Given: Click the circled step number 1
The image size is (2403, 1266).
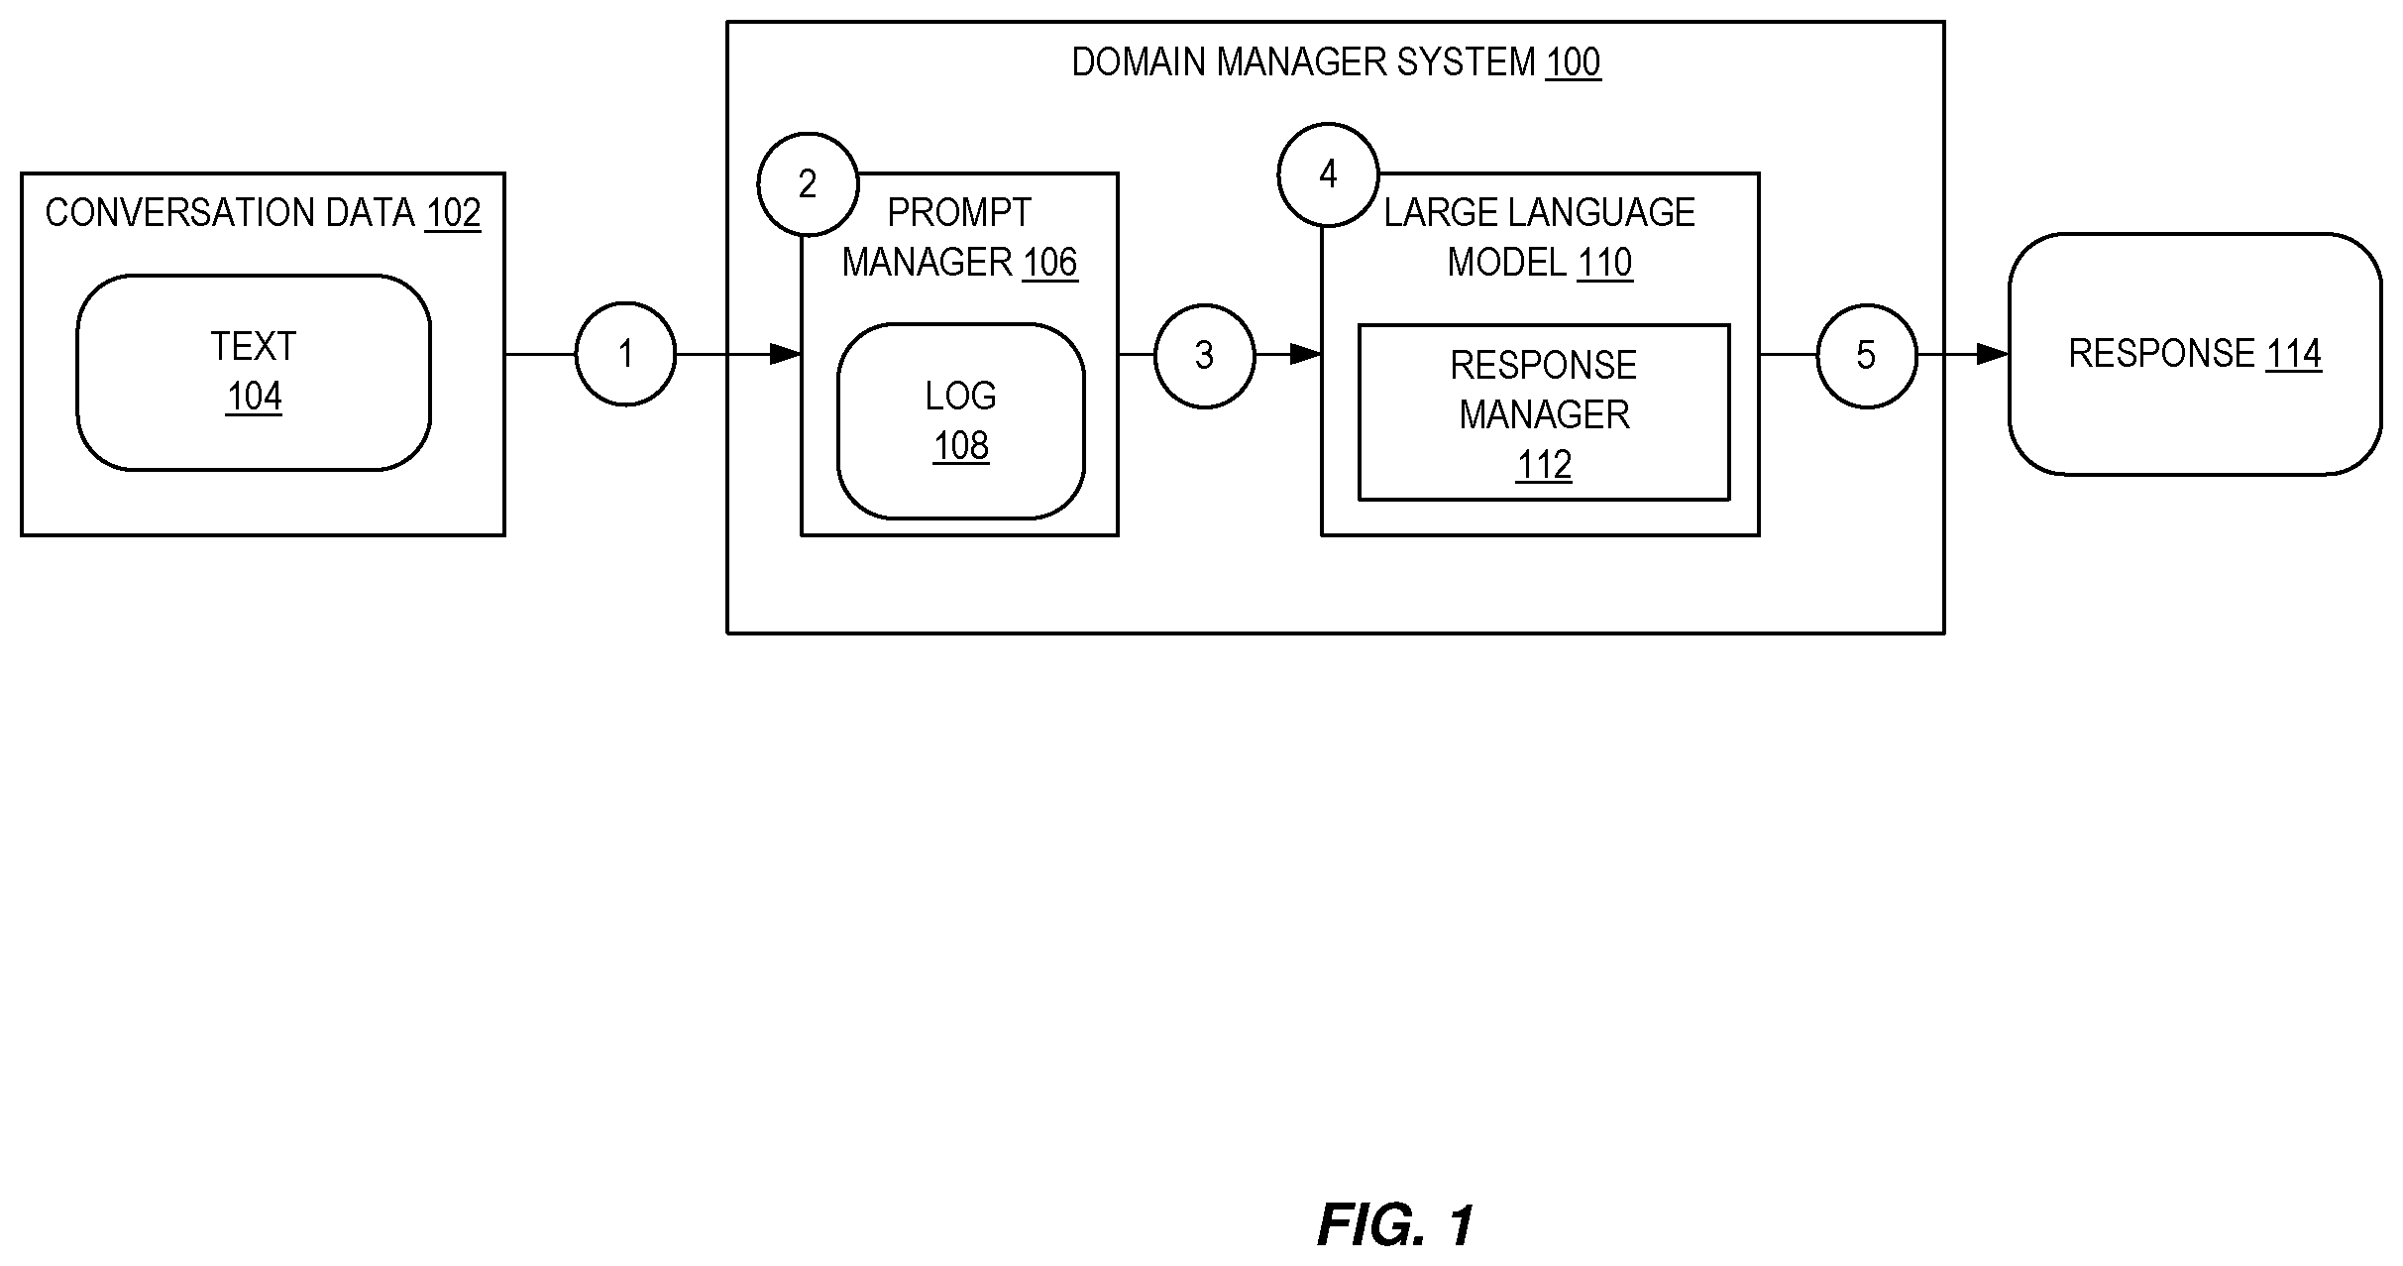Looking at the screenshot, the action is pyautogui.click(x=625, y=354).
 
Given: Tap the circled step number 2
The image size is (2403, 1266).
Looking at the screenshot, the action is pyautogui.click(x=808, y=183).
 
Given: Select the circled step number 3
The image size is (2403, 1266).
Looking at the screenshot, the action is pyautogui.click(x=1205, y=355).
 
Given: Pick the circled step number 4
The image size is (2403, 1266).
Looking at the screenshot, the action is pyautogui.click(x=1329, y=174).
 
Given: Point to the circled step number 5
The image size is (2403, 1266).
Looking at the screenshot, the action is pyautogui.click(x=1867, y=355).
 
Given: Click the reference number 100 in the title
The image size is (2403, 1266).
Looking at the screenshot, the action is pyautogui.click(x=1574, y=62).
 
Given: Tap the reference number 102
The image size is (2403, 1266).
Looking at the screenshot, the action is pyautogui.click(x=453, y=213).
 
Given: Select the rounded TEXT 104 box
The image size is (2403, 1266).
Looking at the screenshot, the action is pyautogui.click(x=254, y=373).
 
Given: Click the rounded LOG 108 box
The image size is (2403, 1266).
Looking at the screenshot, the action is pyautogui.click(x=961, y=421).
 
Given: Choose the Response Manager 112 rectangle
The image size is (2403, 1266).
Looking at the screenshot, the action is pyautogui.click(x=1544, y=412).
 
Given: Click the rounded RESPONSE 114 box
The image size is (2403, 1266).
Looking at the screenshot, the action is pyautogui.click(x=2195, y=354).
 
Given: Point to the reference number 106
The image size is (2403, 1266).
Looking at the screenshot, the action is pyautogui.click(x=1050, y=263).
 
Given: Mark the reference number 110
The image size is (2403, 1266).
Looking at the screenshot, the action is pyautogui.click(x=1605, y=263).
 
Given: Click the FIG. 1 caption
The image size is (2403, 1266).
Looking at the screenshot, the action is pyautogui.click(x=1395, y=1225).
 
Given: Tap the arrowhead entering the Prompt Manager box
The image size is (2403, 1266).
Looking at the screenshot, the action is pyautogui.click(x=786, y=354).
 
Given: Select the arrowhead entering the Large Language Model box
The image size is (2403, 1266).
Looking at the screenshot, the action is pyautogui.click(x=1306, y=354).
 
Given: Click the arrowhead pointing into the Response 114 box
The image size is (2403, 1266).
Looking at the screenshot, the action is pyautogui.click(x=1993, y=354).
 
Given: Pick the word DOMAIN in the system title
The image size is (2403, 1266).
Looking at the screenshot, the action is pyautogui.click(x=1140, y=62).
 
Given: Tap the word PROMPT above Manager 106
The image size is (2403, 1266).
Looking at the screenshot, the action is pyautogui.click(x=959, y=213).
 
